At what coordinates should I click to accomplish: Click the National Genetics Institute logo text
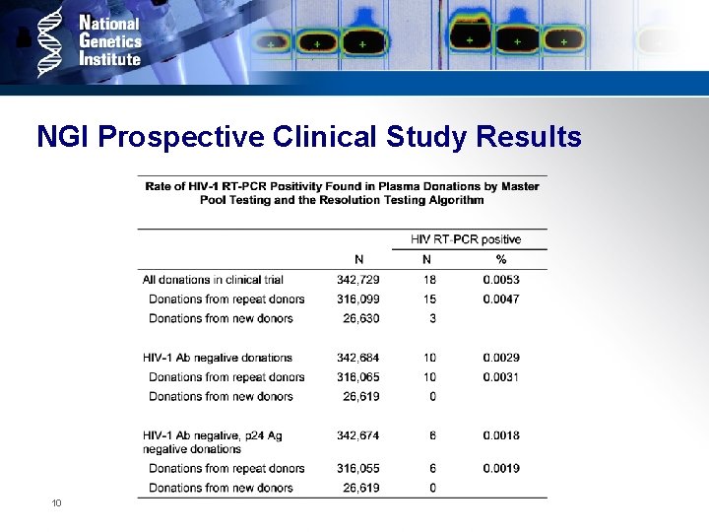click(x=109, y=40)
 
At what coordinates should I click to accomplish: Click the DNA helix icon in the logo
click(x=51, y=41)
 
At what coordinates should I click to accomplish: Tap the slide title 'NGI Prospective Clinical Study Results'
click(x=308, y=137)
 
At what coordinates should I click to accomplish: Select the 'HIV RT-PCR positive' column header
click(x=466, y=239)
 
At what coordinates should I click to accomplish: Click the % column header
click(x=501, y=259)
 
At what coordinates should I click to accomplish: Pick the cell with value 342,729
click(x=357, y=280)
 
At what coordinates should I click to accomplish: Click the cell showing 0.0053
click(x=501, y=280)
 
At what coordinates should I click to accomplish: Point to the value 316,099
click(x=357, y=299)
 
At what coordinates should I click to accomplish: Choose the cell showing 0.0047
click(x=501, y=299)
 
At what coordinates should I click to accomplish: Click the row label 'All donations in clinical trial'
click(x=212, y=280)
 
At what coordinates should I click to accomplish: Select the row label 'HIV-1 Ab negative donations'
click(x=217, y=358)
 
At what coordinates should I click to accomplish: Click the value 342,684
click(x=357, y=358)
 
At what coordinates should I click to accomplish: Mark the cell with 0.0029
click(x=501, y=358)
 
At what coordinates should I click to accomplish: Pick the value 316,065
click(x=357, y=376)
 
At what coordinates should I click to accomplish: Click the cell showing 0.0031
click(x=501, y=376)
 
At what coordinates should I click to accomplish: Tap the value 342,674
click(x=357, y=435)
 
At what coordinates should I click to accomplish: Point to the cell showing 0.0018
click(x=501, y=435)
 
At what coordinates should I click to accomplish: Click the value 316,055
click(x=357, y=468)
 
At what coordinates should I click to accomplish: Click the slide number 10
click(x=57, y=503)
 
